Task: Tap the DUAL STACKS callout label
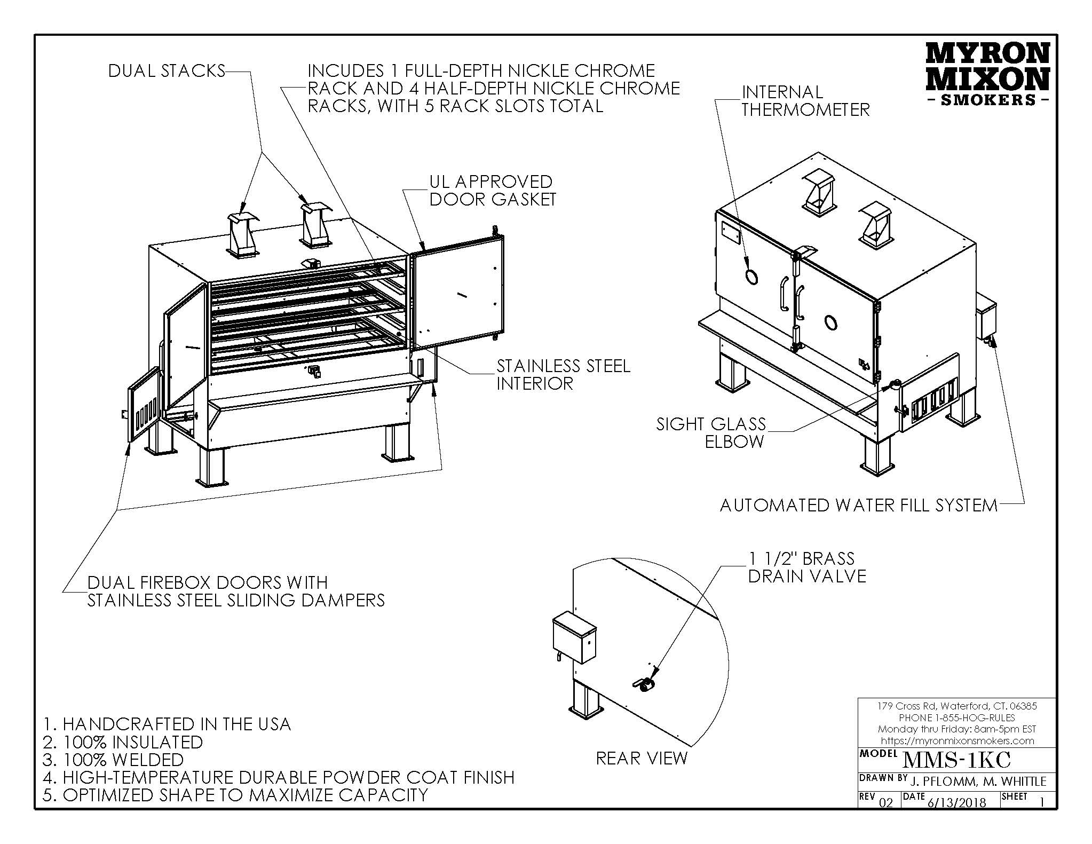167,71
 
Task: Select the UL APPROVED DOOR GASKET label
493,191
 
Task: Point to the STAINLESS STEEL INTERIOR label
563,374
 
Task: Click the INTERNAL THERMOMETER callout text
805,101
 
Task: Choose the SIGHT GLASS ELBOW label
711,433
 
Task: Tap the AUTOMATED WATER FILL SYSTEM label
858,505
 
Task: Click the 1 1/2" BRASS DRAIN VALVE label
806,567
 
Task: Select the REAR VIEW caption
642,758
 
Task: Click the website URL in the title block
956,740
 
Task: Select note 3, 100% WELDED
113,760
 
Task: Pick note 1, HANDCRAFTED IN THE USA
167,724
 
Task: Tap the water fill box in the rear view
574,637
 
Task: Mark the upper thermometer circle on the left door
751,277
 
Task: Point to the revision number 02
885,802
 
